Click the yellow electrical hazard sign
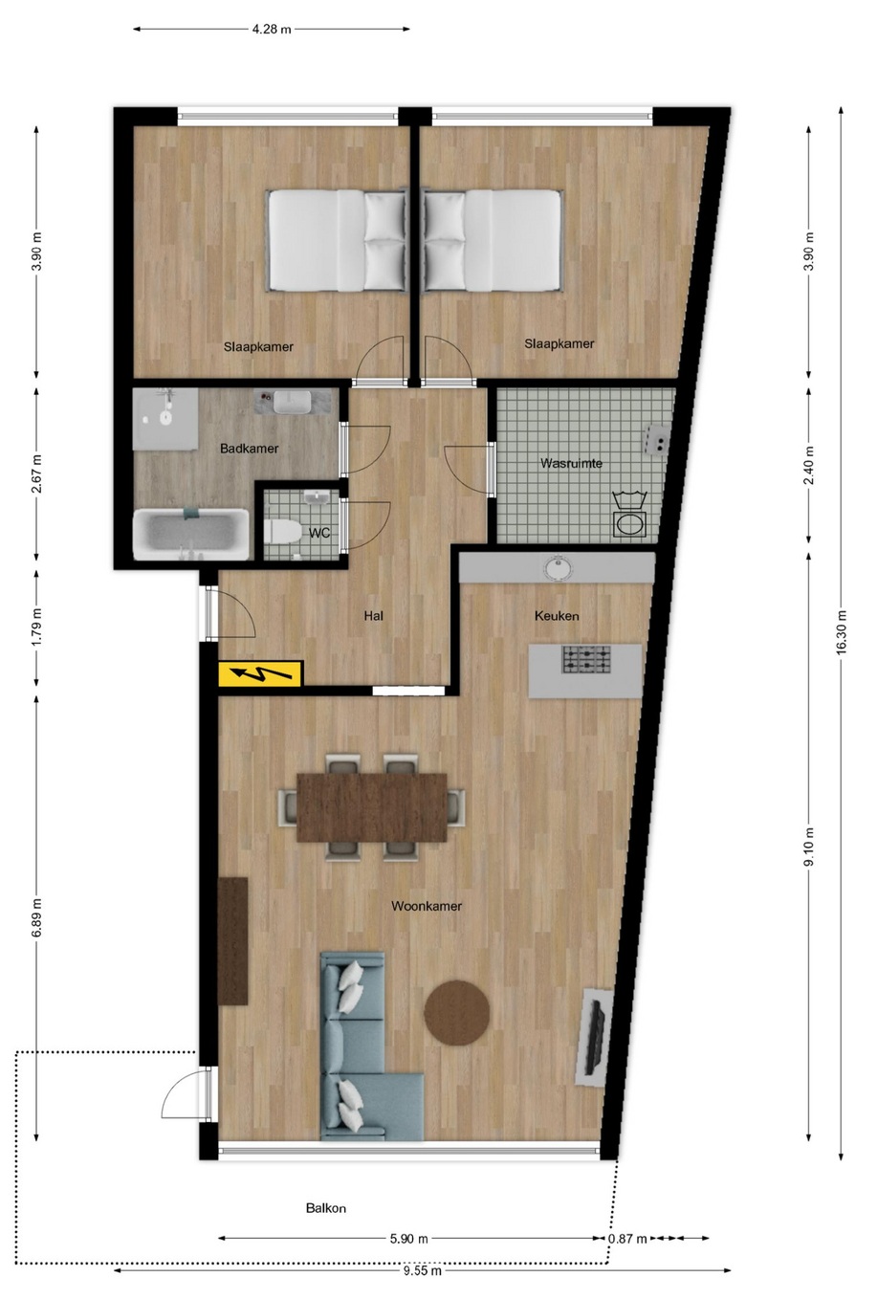click(260, 673)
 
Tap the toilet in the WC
click(282, 531)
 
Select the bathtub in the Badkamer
click(191, 534)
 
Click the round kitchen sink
click(558, 567)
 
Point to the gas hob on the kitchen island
click(586, 659)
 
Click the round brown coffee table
click(457, 1012)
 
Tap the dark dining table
click(371, 806)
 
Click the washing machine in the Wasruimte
click(630, 517)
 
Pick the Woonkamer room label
click(426, 906)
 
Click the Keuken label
click(557, 616)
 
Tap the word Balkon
click(326, 1208)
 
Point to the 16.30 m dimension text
click(841, 632)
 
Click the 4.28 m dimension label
click(272, 29)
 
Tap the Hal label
click(373, 616)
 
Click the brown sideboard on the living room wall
click(233, 941)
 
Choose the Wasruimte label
click(571, 463)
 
